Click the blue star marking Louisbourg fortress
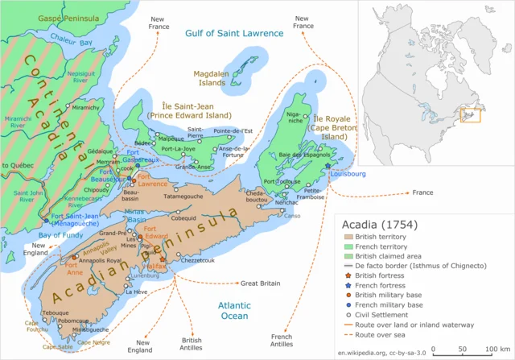(328, 166)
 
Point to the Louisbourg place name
(348, 173)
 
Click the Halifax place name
(179, 265)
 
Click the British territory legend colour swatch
(348, 237)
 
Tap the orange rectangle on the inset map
(469, 115)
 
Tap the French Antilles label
(281, 341)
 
